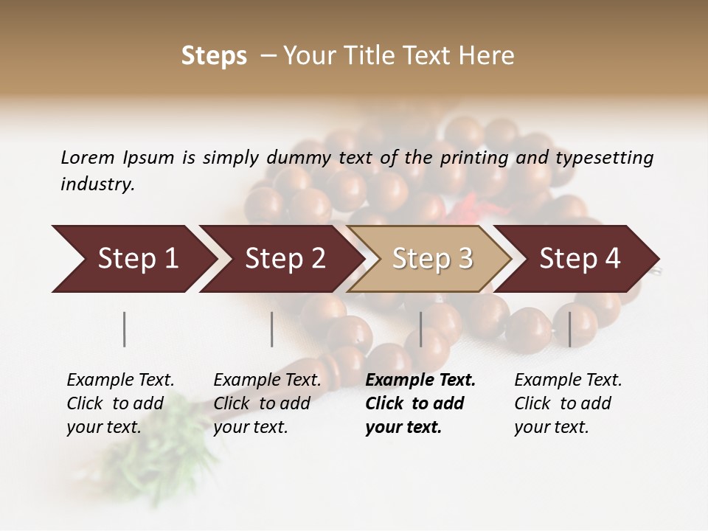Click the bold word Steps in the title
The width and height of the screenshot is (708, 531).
point(214,56)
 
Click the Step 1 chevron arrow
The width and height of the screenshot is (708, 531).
point(133,259)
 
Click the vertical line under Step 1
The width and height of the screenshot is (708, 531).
point(125,329)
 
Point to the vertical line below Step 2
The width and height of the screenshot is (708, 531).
point(272,329)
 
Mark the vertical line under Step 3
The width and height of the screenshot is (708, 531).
point(421,329)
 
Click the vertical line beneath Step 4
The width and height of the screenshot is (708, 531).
point(570,329)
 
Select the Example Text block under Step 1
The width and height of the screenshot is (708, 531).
point(120,403)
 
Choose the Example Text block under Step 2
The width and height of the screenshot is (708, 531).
point(267,403)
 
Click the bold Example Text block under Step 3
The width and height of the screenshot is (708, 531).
point(420,403)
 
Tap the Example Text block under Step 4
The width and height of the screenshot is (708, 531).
point(568,403)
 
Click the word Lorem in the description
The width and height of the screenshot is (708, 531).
point(88,157)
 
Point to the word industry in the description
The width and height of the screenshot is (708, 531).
point(97,184)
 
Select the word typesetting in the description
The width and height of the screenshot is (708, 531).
point(604,158)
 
